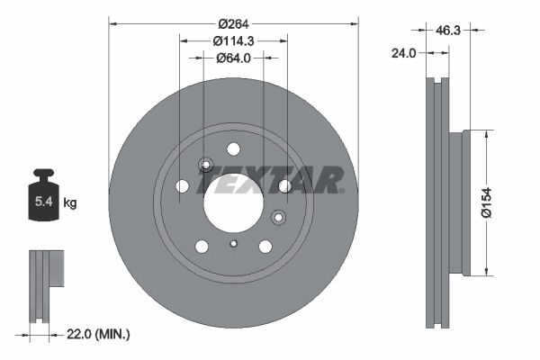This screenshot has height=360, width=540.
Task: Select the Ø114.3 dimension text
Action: tap(233, 40)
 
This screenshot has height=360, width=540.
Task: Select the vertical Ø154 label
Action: tap(510, 202)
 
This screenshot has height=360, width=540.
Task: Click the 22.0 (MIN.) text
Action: tap(99, 334)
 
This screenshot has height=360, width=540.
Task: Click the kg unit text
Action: tap(69, 203)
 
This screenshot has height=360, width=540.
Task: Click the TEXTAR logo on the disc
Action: tap(270, 181)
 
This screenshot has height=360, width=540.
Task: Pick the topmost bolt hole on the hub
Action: tap(233, 148)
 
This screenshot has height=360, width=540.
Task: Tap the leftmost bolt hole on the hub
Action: tap(183, 186)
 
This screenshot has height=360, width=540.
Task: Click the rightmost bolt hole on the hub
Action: tap(284, 186)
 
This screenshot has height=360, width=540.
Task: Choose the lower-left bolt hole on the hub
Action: tap(202, 246)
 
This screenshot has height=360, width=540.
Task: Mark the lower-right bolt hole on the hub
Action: tap(265, 246)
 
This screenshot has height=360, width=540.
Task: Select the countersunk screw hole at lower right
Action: tap(277, 216)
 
